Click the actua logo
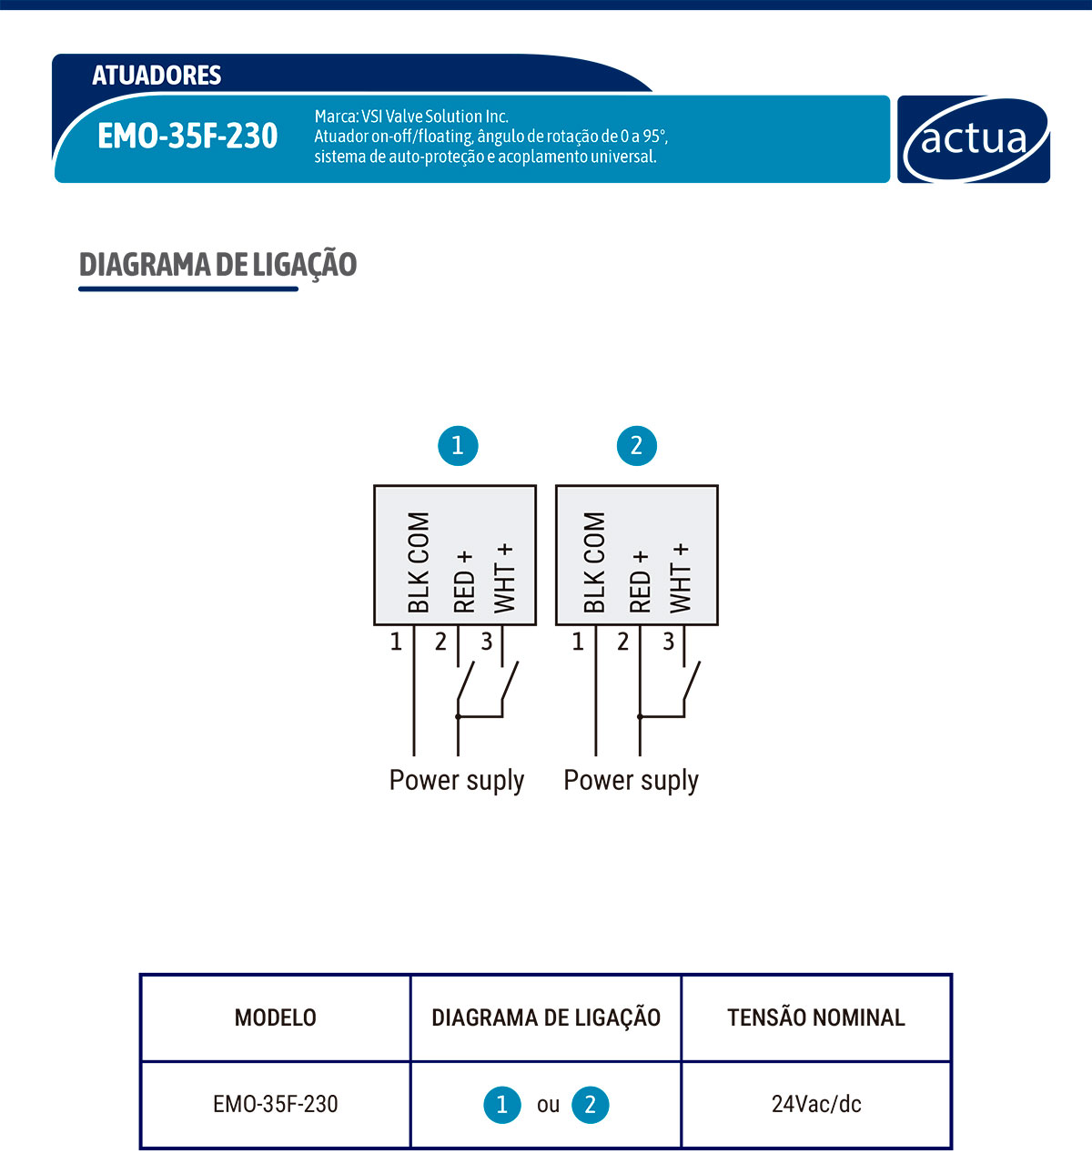tap(974, 139)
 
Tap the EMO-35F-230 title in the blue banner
tap(187, 137)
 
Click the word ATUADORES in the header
tap(157, 75)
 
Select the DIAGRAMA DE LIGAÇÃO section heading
tap(217, 265)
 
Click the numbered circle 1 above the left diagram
tap(457, 445)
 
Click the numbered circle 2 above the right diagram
tap(636, 445)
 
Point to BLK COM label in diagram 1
tap(418, 562)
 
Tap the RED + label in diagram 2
tap(640, 581)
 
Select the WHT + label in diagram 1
tap(504, 578)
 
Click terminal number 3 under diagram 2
tap(669, 642)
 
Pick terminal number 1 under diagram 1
tap(396, 642)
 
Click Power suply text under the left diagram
tap(457, 781)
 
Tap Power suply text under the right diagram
tap(631, 781)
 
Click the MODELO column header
tap(275, 1017)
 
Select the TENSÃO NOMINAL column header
tap(816, 1017)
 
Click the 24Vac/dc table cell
tap(816, 1104)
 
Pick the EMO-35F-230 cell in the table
tap(275, 1104)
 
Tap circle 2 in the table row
tap(590, 1105)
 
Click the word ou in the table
tap(548, 1105)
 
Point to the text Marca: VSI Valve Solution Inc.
tap(411, 116)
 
